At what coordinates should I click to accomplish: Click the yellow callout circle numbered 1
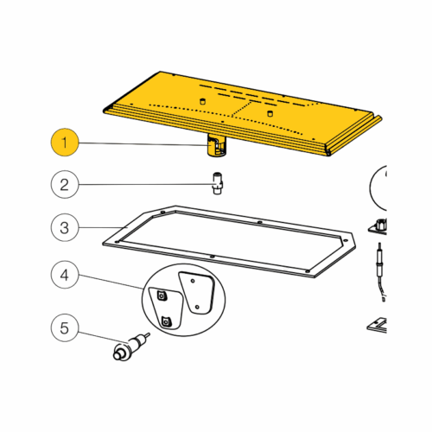tap(65, 143)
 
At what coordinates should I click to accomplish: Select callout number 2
tap(65, 184)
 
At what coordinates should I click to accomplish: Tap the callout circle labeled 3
tap(65, 227)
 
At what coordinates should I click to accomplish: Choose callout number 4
tap(65, 275)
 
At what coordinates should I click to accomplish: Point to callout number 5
tap(65, 327)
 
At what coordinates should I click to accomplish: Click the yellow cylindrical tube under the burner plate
tap(217, 146)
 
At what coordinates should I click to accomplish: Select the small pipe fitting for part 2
tap(219, 183)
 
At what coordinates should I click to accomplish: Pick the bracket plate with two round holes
tap(198, 293)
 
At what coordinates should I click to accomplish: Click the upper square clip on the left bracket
tap(162, 295)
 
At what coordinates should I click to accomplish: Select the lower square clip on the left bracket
tap(166, 321)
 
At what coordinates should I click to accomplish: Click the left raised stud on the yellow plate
tap(202, 101)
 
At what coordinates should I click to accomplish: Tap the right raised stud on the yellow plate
tap(270, 113)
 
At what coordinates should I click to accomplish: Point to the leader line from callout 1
tap(143, 144)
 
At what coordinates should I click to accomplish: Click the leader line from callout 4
tap(111, 282)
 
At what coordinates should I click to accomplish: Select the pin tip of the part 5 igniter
tap(147, 335)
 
